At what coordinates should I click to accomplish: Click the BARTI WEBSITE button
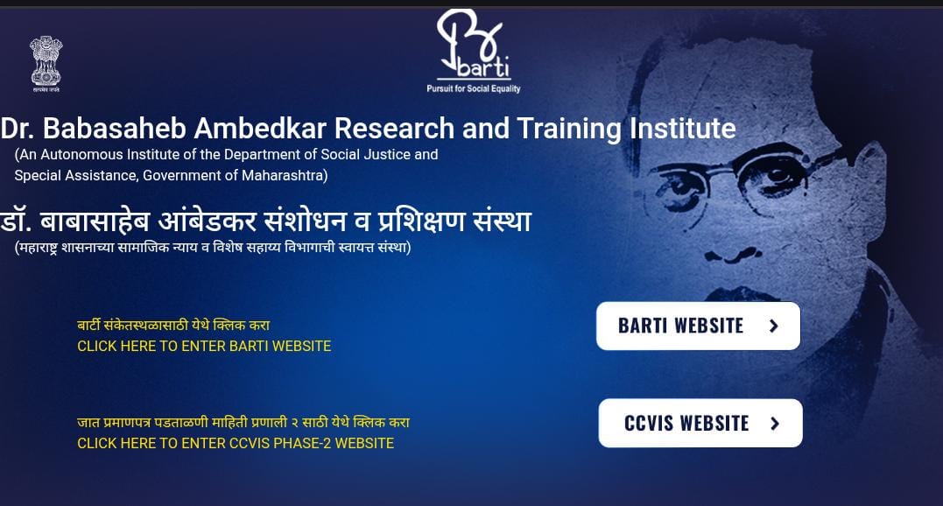coord(698,326)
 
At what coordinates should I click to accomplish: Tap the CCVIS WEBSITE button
coord(700,423)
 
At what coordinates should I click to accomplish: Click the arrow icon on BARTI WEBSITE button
coord(774,326)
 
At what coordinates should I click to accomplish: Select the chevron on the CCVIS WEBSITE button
coord(775,424)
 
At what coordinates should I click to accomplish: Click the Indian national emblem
coord(46,64)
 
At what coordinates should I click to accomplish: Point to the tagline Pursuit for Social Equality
coord(474,88)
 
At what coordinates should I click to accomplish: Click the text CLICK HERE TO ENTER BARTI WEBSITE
coord(204,346)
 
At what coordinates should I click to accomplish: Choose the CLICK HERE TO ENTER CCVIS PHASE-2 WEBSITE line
coord(236,444)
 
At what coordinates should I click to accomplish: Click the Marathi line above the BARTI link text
coord(173,325)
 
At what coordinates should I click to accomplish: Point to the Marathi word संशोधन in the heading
coord(306,221)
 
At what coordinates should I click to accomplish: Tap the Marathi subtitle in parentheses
coord(213,247)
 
